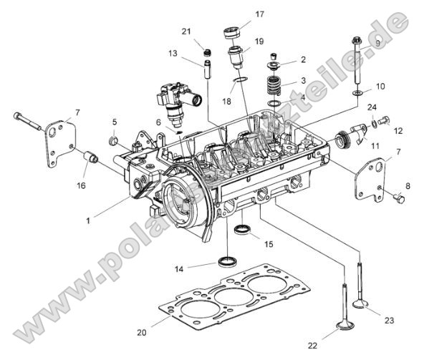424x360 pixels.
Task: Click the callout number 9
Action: coord(379,44)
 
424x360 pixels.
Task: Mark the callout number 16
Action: coord(80,185)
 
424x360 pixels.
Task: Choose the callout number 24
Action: coord(372,107)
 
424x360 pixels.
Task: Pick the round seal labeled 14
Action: coord(228,259)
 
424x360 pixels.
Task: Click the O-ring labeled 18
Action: coord(242,79)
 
